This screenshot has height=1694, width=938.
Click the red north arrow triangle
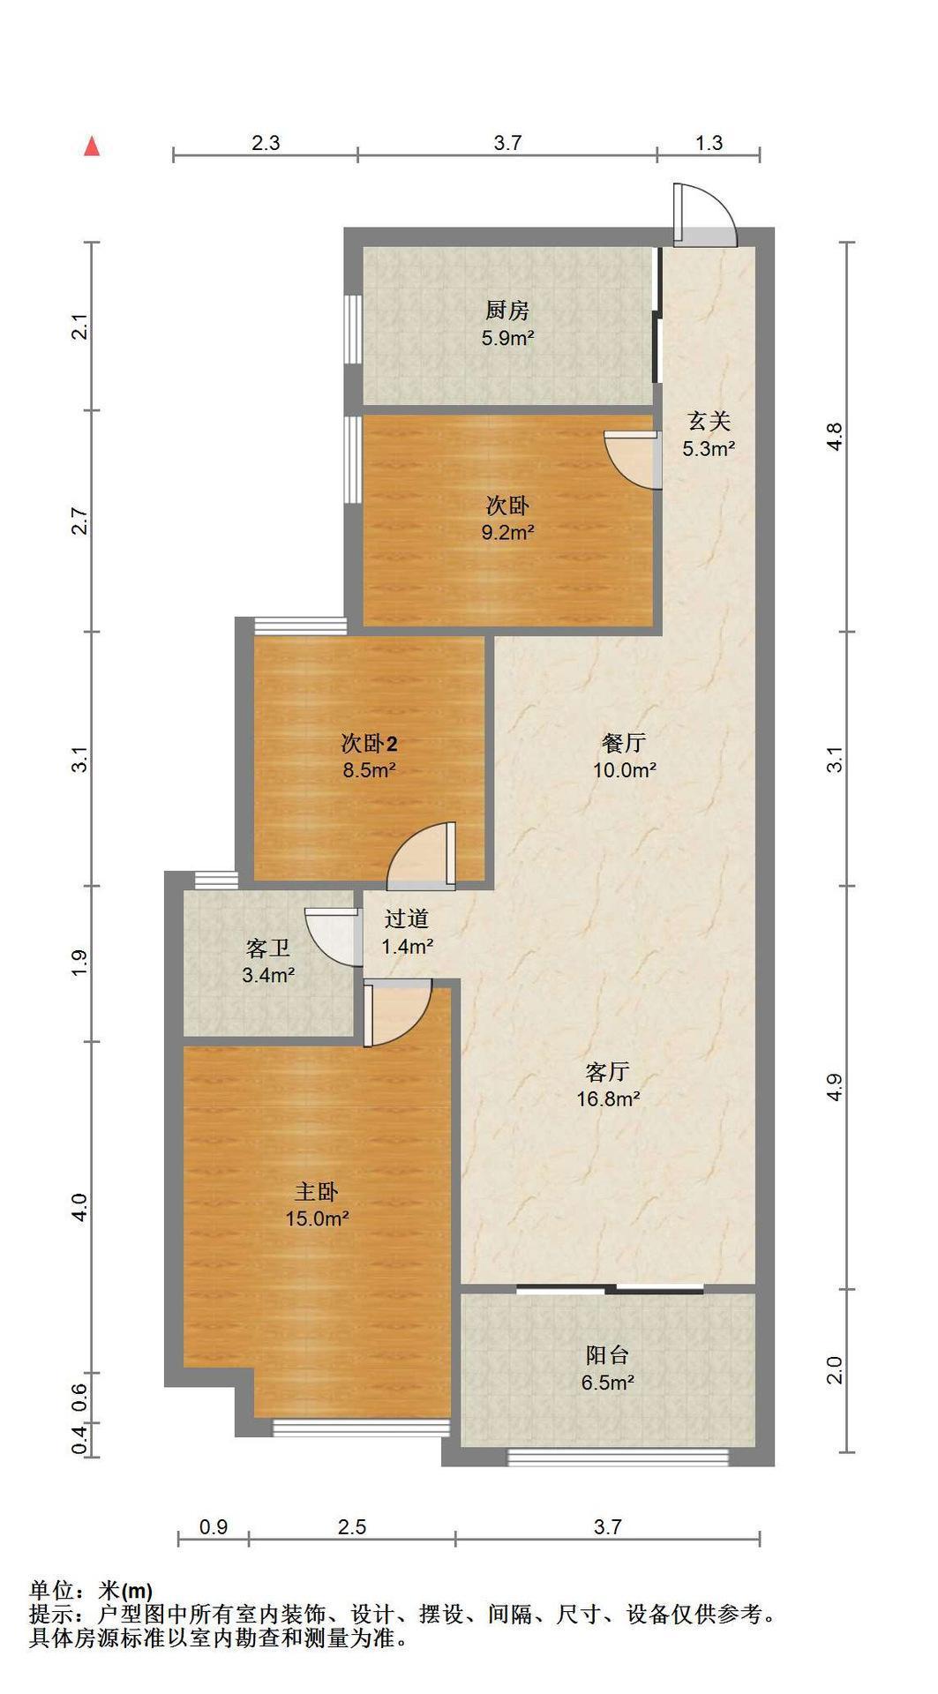[92, 146]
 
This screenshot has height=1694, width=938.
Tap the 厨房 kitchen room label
[507, 311]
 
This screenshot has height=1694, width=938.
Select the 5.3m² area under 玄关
[709, 448]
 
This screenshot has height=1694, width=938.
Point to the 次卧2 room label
[369, 743]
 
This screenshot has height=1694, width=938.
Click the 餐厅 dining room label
[624, 743]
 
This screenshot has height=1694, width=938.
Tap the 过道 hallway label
[407, 919]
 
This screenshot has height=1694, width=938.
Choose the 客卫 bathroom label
[268, 948]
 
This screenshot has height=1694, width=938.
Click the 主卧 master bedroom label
[316, 1192]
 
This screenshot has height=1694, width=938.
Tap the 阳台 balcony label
[607, 1354]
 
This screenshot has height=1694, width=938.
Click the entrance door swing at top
[704, 214]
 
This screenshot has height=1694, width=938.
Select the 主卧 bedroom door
[397, 1013]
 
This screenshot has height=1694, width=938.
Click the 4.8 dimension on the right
[835, 437]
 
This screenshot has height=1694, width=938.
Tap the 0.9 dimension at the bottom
[214, 1526]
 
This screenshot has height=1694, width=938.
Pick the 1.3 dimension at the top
[709, 142]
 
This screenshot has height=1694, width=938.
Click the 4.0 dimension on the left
[79, 1207]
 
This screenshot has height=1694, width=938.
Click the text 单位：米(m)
[91, 1591]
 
